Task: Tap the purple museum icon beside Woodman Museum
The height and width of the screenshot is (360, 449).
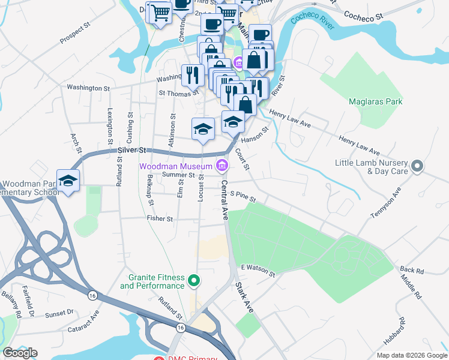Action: click(223, 165)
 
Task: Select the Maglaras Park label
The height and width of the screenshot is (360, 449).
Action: click(376, 101)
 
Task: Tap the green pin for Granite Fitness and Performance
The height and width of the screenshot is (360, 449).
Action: click(194, 280)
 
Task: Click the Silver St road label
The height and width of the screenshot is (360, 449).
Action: click(132, 149)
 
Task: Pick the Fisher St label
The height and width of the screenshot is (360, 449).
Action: click(160, 219)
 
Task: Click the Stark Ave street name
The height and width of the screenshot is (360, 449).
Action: click(244, 297)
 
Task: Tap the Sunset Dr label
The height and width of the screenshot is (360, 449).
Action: click(60, 313)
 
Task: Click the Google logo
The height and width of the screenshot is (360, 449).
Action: click(20, 352)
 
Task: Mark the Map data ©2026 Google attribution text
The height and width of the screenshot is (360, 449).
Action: click(411, 355)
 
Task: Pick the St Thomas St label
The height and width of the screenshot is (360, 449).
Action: click(178, 94)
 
